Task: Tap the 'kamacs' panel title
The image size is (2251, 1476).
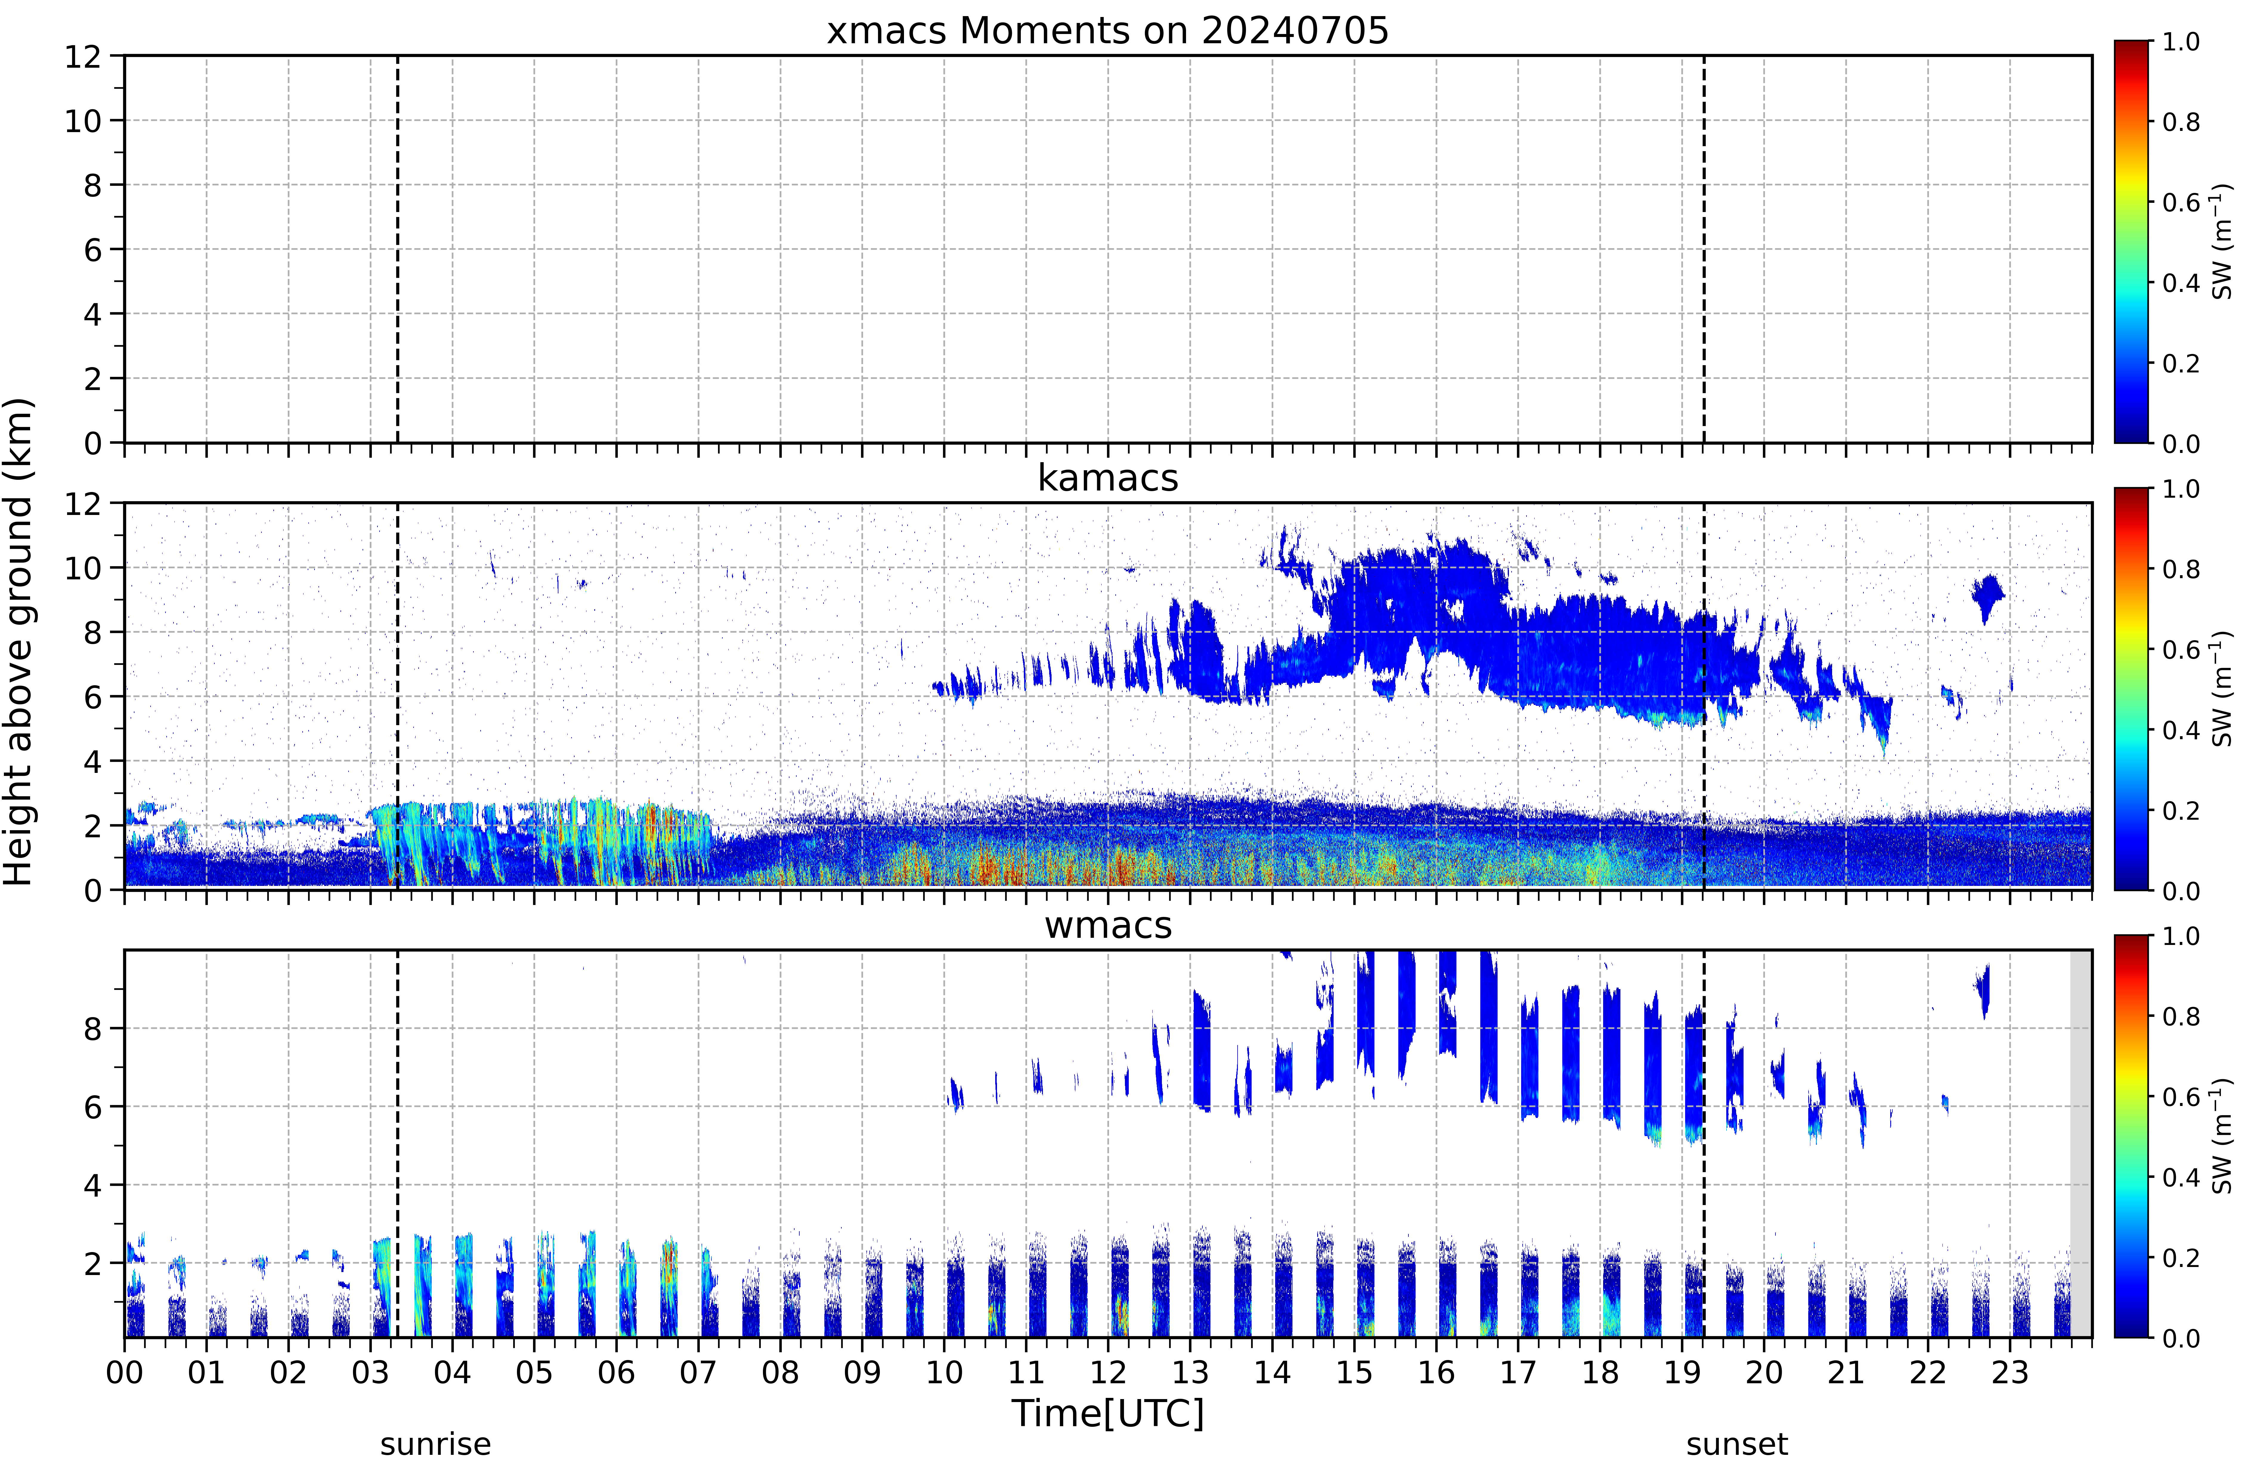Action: click(1108, 478)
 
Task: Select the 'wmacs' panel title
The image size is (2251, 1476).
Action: click(1108, 925)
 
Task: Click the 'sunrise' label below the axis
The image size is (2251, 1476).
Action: click(435, 1445)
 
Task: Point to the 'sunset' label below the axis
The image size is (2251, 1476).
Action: click(1736, 1445)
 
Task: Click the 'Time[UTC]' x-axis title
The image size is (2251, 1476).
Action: click(1108, 1414)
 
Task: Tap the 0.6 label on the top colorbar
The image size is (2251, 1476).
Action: click(2181, 202)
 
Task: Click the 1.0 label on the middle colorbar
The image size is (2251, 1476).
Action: click(2181, 489)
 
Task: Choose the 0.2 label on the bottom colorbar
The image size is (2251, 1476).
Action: click(2181, 1257)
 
